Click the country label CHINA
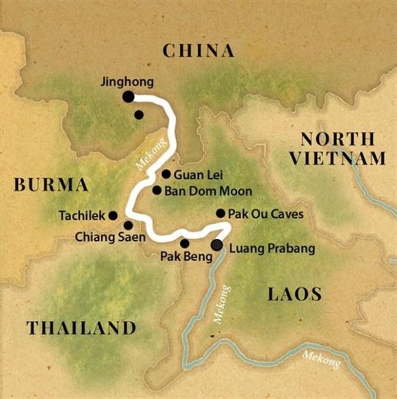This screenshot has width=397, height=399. pyautogui.click(x=198, y=50)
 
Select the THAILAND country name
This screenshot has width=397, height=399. pyautogui.click(x=81, y=328)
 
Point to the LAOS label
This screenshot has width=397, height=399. pyautogui.click(x=294, y=294)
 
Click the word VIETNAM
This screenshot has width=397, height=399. pyautogui.click(x=337, y=159)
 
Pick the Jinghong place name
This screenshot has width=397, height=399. pyautogui.click(x=127, y=81)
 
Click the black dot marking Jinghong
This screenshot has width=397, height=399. pyautogui.click(x=128, y=97)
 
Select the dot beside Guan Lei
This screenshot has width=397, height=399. pyautogui.click(x=166, y=174)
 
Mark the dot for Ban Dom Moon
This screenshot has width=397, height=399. pyautogui.click(x=157, y=190)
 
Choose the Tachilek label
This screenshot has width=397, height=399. pyautogui.click(x=82, y=215)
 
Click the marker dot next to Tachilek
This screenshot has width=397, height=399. pyautogui.click(x=113, y=215)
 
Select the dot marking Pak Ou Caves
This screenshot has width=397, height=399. pyautogui.click(x=220, y=213)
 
